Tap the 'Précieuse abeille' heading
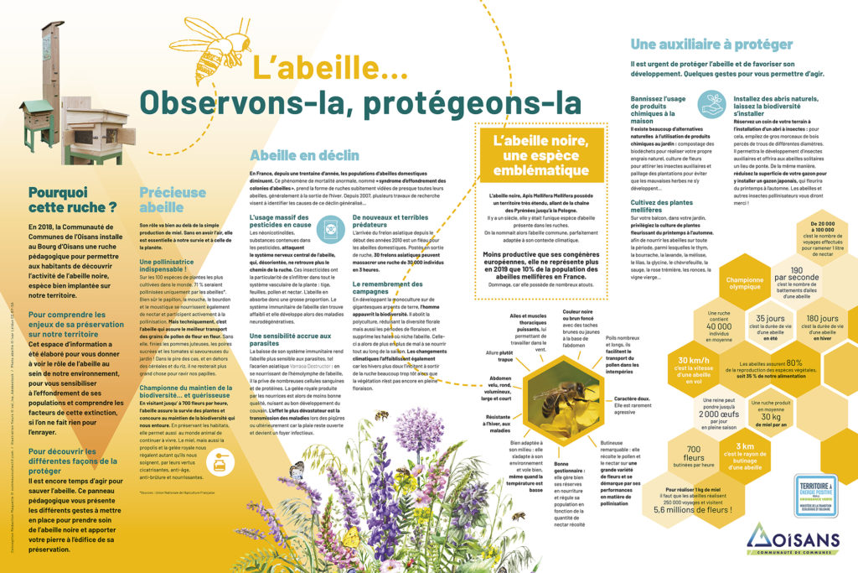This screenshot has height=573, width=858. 173,200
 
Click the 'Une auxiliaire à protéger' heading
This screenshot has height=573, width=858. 711,44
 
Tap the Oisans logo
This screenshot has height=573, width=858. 792,540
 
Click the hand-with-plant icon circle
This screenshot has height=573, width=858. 712,104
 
